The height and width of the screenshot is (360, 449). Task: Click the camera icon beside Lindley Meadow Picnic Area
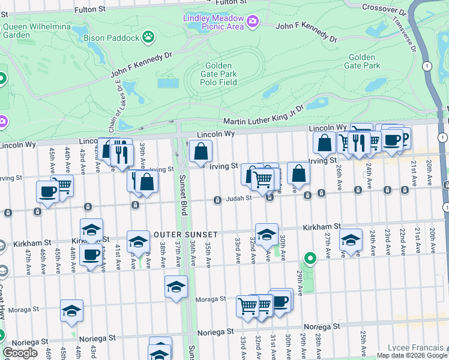pyautogui.click(x=253, y=22)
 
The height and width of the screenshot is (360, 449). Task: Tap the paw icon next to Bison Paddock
pyautogui.click(x=148, y=37)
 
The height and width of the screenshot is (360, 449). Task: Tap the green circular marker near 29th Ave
pyautogui.click(x=310, y=259)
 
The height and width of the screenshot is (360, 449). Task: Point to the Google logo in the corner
pyautogui.click(x=20, y=353)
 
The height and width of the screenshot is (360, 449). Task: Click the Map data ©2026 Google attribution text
pyautogui.click(x=412, y=355)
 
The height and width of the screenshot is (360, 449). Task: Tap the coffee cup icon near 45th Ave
pyautogui.click(x=48, y=192)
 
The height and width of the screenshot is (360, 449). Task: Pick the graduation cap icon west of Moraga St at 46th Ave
pyautogui.click(x=71, y=311)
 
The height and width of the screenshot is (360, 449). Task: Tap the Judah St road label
pyautogui.click(x=239, y=200)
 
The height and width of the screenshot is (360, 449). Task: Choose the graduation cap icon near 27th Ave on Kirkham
pyautogui.click(x=351, y=241)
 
